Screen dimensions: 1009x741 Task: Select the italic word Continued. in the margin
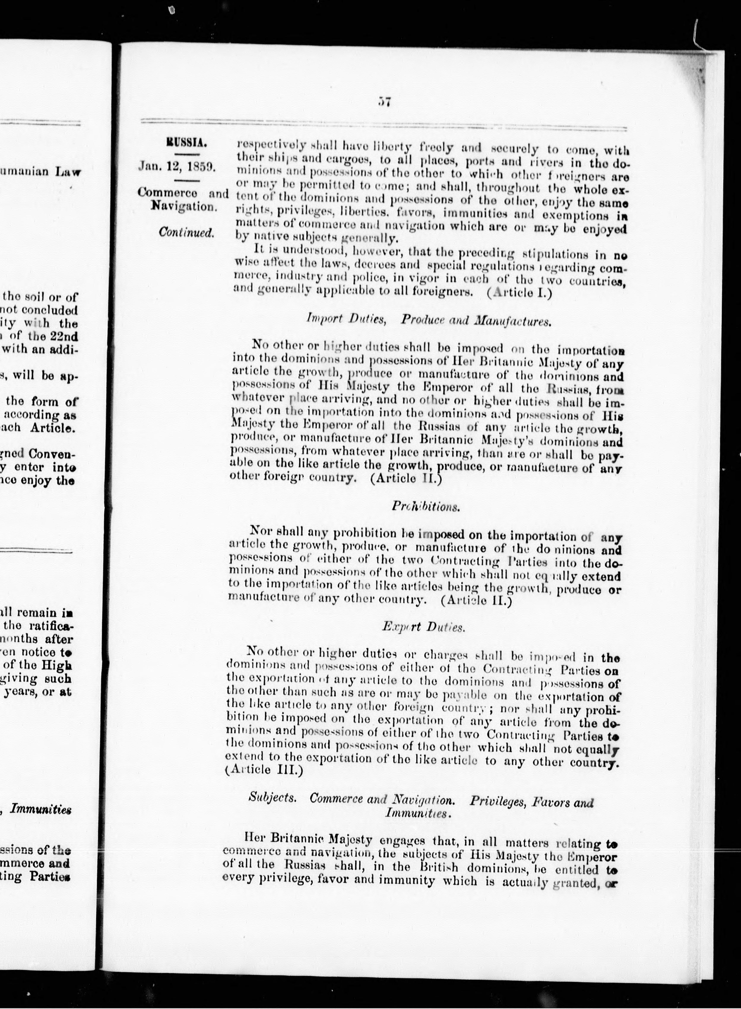[187, 232]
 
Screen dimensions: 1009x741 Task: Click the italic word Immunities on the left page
[40, 810]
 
